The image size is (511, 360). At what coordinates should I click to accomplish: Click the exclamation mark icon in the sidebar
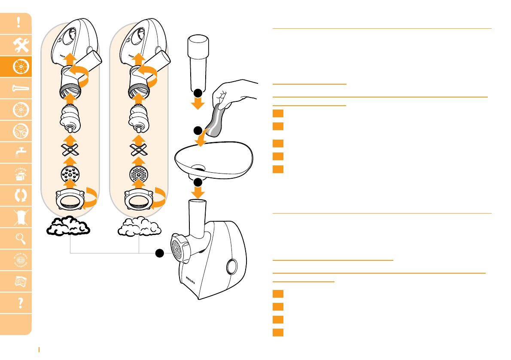[x=18, y=23]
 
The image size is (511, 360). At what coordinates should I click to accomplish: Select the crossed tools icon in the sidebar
[x=18, y=45]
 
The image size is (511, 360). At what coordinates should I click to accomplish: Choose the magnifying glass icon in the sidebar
[x=18, y=238]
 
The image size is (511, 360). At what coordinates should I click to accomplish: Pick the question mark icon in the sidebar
[x=18, y=303]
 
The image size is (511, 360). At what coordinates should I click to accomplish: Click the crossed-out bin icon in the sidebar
[x=18, y=217]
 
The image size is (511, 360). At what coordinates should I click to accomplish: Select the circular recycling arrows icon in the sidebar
[x=18, y=195]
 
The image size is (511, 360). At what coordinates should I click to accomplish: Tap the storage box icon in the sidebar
[x=18, y=174]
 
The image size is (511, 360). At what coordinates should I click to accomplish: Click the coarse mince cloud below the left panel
[x=69, y=226]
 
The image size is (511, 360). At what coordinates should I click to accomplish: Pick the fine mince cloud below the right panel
[x=138, y=226]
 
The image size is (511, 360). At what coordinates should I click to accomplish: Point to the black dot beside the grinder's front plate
[x=161, y=253]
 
